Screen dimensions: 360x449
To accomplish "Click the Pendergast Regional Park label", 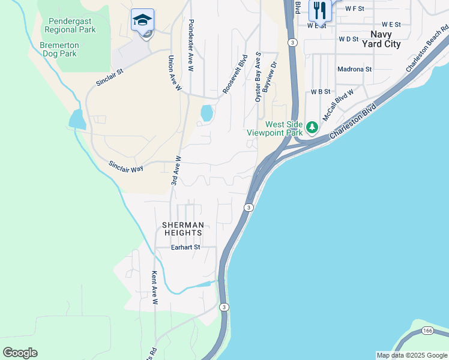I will click(x=70, y=25).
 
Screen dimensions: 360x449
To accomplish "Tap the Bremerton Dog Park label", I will click(x=59, y=49).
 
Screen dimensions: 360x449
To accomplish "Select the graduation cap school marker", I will click(x=143, y=21).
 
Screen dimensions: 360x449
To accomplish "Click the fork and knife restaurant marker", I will click(x=319, y=10).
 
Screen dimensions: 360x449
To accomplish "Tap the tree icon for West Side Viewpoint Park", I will click(x=312, y=127).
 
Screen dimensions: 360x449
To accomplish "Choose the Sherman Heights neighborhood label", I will click(x=183, y=229).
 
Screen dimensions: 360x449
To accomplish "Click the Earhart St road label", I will click(x=185, y=247).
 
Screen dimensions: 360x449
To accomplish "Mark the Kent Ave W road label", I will click(x=154, y=287).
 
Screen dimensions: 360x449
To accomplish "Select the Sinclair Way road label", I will click(x=126, y=166).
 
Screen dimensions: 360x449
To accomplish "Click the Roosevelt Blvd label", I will click(x=235, y=74).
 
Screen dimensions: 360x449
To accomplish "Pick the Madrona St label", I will click(x=354, y=69).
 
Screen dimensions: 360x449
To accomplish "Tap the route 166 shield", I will click(x=427, y=331).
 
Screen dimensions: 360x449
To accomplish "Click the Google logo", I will click(x=20, y=353).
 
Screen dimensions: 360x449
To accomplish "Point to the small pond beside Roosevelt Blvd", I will click(x=206, y=113).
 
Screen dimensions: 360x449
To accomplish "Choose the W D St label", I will click(x=348, y=39).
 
